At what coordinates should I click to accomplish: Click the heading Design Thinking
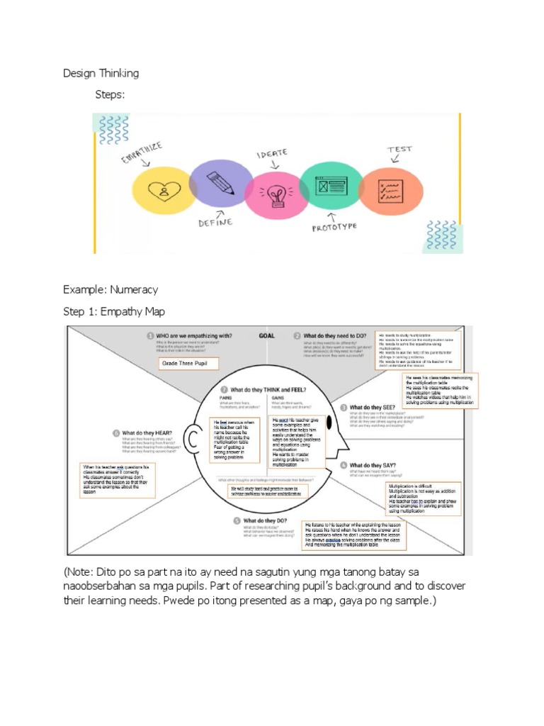pos(101,73)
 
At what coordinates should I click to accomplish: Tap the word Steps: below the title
pos(110,94)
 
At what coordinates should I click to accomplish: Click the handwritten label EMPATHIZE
pos(142,152)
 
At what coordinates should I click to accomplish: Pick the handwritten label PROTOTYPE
pos(335,228)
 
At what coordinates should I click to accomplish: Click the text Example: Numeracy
pos(110,290)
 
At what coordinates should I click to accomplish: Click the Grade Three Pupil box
pos(188,364)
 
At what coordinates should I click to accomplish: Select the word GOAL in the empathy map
pos(267,335)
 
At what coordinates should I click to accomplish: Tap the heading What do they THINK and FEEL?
pos(266,391)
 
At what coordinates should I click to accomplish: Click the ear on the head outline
pos(191,440)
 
